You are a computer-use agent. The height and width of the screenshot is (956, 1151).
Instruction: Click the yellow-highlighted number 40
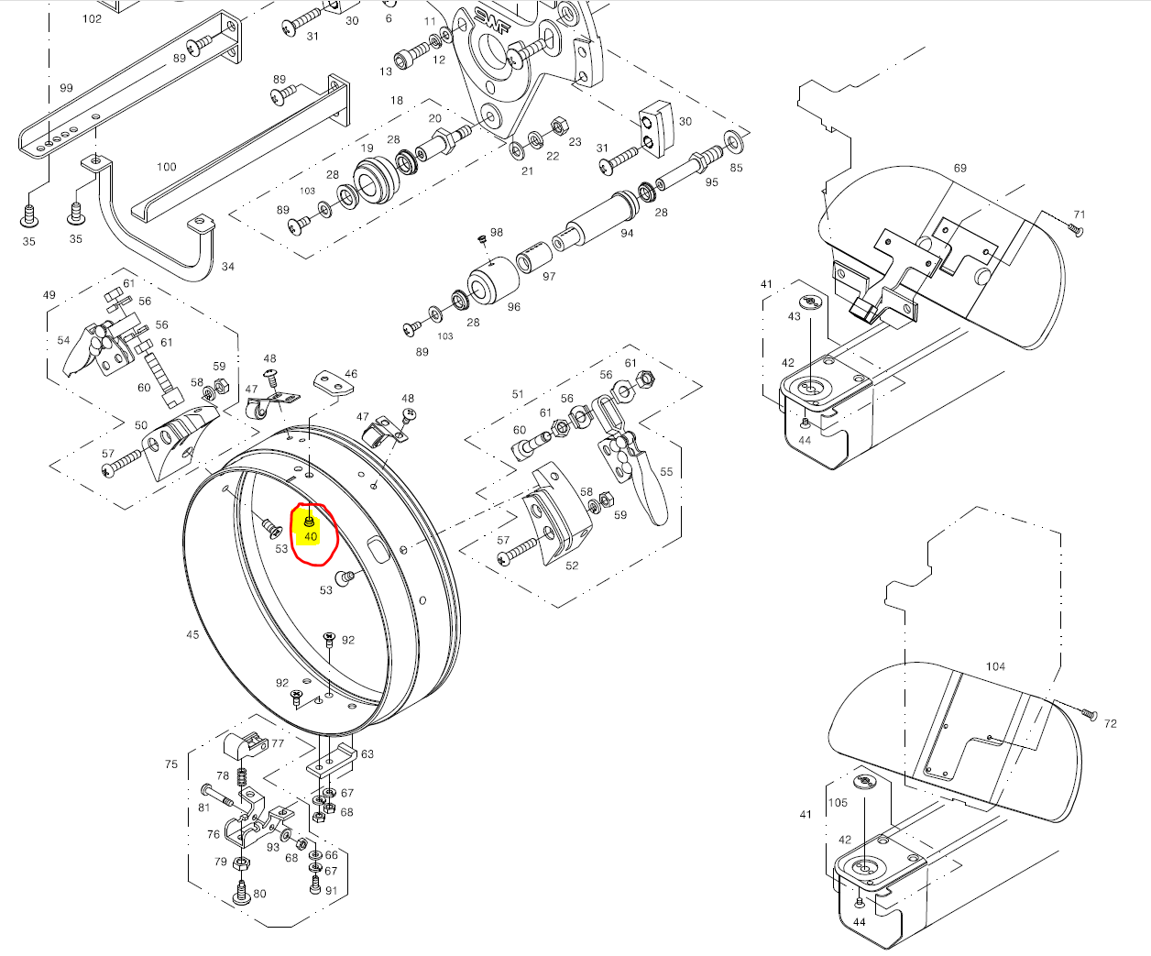[311, 537]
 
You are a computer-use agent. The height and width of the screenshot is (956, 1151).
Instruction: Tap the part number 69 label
[959, 169]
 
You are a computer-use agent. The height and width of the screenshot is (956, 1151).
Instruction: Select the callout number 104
[995, 667]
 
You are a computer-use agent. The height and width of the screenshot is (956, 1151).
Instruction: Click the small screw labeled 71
[1075, 230]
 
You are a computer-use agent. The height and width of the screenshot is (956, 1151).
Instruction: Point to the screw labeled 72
[1089, 713]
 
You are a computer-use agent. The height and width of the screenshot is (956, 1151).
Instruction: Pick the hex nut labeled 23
[556, 124]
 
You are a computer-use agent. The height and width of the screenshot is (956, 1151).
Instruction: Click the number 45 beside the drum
[192, 634]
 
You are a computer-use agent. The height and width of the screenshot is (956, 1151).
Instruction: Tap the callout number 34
[227, 267]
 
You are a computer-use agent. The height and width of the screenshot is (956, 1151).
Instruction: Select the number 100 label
[166, 167]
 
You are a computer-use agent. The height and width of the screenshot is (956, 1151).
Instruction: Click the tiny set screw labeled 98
[482, 239]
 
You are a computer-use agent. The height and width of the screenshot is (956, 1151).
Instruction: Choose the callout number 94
[627, 233]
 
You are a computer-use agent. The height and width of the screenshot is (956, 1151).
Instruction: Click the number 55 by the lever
[666, 472]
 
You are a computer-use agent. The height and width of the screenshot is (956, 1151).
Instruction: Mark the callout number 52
[572, 566]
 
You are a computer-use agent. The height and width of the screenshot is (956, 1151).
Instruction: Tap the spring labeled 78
[243, 777]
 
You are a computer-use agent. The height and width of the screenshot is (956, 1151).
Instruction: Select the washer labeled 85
[733, 142]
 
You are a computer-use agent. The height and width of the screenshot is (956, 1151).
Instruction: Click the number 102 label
[92, 18]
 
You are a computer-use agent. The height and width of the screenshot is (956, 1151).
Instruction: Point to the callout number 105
[838, 803]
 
